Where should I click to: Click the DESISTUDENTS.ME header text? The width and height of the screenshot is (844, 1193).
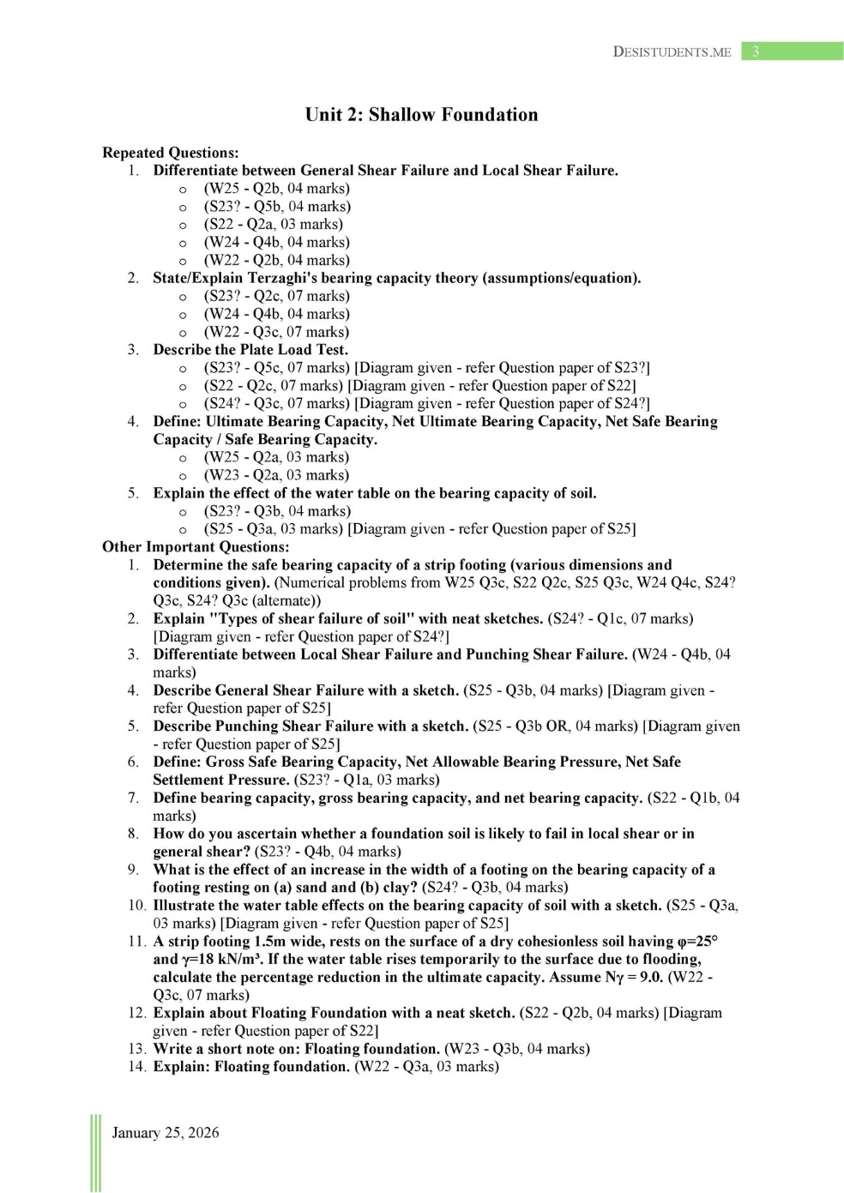pyautogui.click(x=672, y=51)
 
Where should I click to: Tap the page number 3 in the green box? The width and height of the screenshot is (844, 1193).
pyautogui.click(x=756, y=51)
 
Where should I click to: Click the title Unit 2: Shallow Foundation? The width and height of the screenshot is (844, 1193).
pyautogui.click(x=421, y=115)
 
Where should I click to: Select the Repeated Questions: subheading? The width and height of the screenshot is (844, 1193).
pyautogui.click(x=170, y=153)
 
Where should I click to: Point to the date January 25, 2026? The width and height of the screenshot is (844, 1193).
pyautogui.click(x=166, y=1133)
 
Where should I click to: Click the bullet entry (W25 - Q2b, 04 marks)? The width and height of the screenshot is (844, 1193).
pyautogui.click(x=276, y=189)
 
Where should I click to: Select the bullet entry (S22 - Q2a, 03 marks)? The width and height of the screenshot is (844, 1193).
pyautogui.click(x=273, y=225)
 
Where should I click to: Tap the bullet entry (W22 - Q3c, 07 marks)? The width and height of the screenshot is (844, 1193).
pyautogui.click(x=276, y=332)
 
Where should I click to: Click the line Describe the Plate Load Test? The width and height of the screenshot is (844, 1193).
pyautogui.click(x=250, y=350)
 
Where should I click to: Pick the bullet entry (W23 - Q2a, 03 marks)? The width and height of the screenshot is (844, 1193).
pyautogui.click(x=276, y=475)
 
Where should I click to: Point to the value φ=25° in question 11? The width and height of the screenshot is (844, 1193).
pyautogui.click(x=697, y=942)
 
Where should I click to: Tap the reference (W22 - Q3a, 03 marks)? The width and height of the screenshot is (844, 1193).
pyautogui.click(x=427, y=1067)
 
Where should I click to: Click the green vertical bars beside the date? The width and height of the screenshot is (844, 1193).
pyautogui.click(x=95, y=1153)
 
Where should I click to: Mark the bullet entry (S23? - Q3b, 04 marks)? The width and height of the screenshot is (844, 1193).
pyautogui.click(x=277, y=511)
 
